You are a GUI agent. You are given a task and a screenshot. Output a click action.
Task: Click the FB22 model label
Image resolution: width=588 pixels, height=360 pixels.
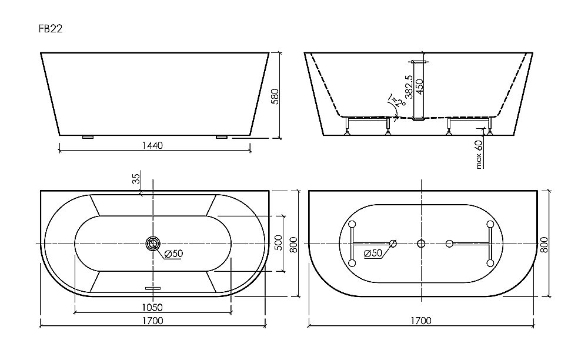click(51, 27)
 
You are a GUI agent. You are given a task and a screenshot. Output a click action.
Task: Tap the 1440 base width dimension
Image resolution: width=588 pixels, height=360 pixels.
click(152, 145)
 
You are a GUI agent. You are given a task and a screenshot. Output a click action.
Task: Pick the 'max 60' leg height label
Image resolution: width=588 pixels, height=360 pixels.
click(479, 155)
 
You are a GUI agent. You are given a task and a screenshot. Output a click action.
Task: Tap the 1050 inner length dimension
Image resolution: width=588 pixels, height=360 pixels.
click(152, 306)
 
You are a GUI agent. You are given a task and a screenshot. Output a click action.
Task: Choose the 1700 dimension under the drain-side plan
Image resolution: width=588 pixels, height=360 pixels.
click(152, 321)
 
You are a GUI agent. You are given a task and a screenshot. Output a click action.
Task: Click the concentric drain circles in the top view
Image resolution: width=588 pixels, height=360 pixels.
click(153, 244)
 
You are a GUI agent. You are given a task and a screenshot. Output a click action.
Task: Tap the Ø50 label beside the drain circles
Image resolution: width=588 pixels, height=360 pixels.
click(173, 254)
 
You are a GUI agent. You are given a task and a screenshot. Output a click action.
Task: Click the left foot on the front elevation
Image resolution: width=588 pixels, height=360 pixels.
click(88, 137)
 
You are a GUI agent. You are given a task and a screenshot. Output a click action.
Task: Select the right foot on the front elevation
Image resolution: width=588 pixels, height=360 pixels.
click(221, 137)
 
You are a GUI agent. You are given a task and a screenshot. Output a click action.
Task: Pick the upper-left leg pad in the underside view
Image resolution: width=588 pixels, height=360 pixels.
click(352, 224)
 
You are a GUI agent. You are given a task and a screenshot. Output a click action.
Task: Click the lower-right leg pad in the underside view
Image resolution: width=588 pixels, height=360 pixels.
click(489, 262)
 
